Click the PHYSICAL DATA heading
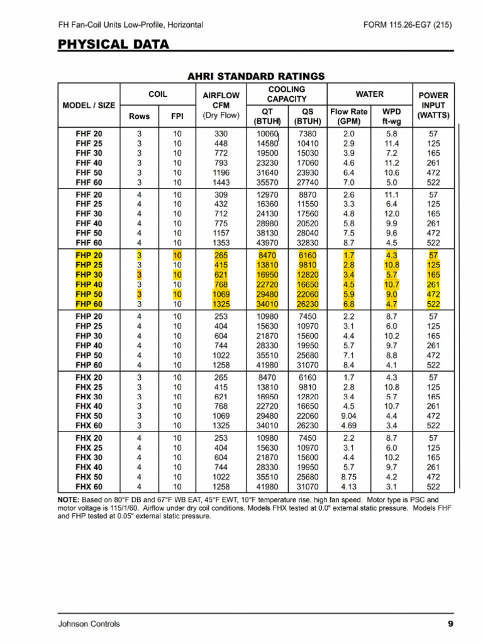[x=113, y=44]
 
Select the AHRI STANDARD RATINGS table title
[x=256, y=76]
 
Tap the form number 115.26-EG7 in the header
[x=408, y=25]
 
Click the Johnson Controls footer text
[x=89, y=624]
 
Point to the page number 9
[x=450, y=624]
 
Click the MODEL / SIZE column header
[x=89, y=105]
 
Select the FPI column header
[x=177, y=116]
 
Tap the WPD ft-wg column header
[x=392, y=116]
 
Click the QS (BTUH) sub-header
[x=308, y=116]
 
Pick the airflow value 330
[x=221, y=134]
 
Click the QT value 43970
[x=267, y=243]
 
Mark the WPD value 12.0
[x=392, y=214]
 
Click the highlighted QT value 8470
[x=267, y=255]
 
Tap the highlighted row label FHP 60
[x=89, y=304]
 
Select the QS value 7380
[x=308, y=134]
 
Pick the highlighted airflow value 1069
[x=221, y=294]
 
